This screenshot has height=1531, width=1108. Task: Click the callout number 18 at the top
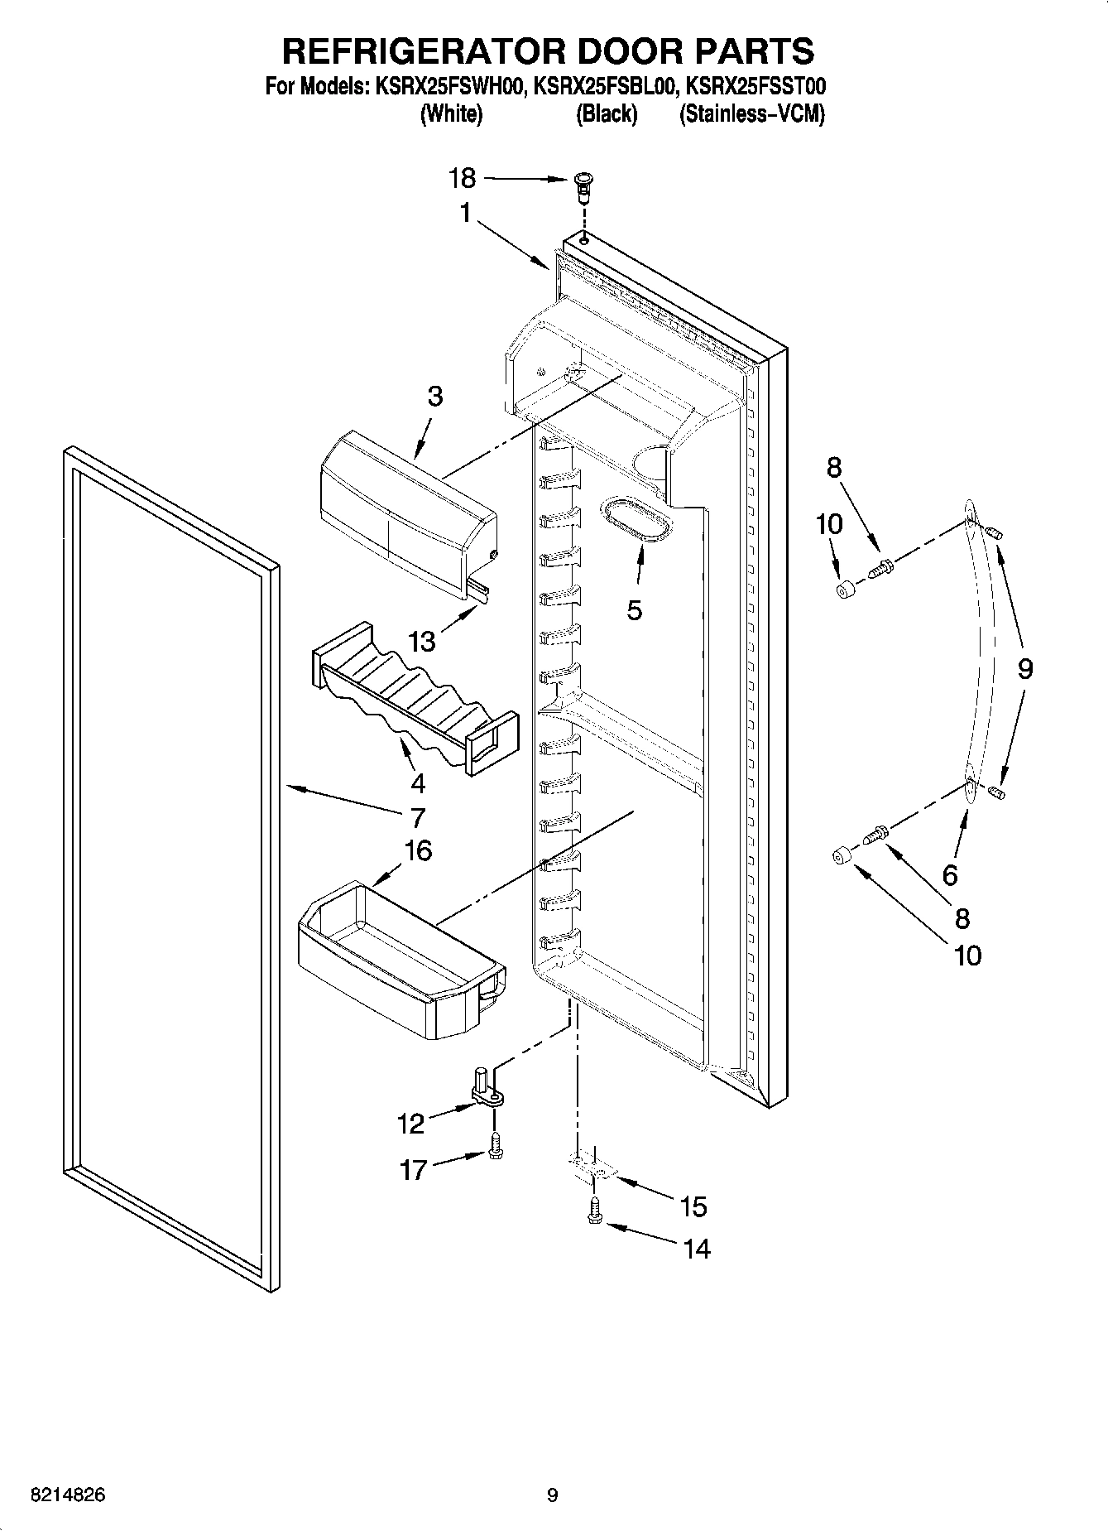pyautogui.click(x=463, y=178)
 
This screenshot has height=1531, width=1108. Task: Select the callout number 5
pyautogui.click(x=635, y=610)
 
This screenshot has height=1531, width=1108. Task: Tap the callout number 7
pyautogui.click(x=417, y=818)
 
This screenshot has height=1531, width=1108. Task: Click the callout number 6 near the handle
pyautogui.click(x=950, y=874)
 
